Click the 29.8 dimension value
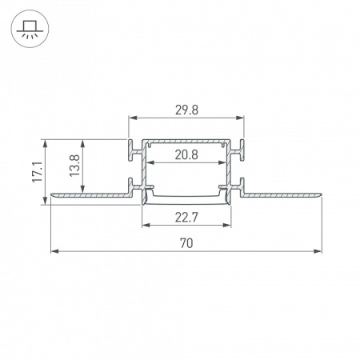click(186, 110)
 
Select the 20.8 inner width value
click(186, 154)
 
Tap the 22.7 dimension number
click(186, 218)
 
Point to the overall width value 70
click(186, 243)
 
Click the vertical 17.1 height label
click(38, 172)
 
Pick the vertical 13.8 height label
click(74, 166)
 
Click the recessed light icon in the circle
click(30, 29)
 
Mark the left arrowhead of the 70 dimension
click(54, 251)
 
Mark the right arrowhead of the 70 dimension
click(318, 251)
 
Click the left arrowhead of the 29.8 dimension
click(133, 118)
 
